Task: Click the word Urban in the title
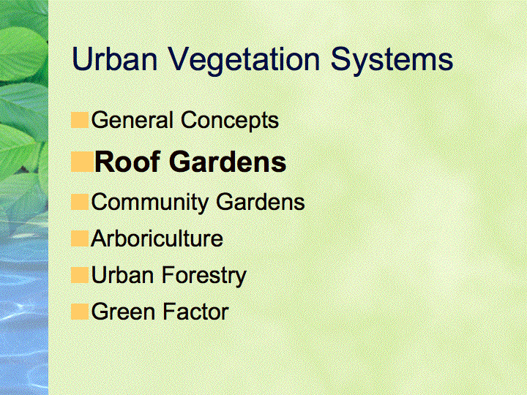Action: coord(115,59)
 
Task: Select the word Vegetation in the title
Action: coord(244,61)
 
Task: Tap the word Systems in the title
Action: coord(392,61)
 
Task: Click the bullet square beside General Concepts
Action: coord(80,120)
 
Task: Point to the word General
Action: coord(132,120)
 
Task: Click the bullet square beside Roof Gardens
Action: coord(82,162)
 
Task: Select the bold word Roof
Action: coord(127,162)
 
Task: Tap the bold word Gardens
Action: coord(230,162)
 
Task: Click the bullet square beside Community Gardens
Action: coord(80,202)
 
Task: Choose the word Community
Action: coord(150,203)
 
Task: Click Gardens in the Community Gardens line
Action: coord(261,202)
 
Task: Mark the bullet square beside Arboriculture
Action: coord(80,238)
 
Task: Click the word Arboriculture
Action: coord(157,238)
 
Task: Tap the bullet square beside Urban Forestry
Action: coord(80,275)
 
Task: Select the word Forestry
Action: coord(204,276)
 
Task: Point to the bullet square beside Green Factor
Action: coord(80,312)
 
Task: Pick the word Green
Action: coord(123,312)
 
